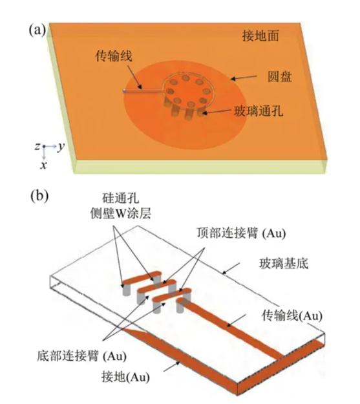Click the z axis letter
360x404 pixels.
pyautogui.click(x=38, y=147)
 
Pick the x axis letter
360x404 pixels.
pyautogui.click(x=43, y=165)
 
